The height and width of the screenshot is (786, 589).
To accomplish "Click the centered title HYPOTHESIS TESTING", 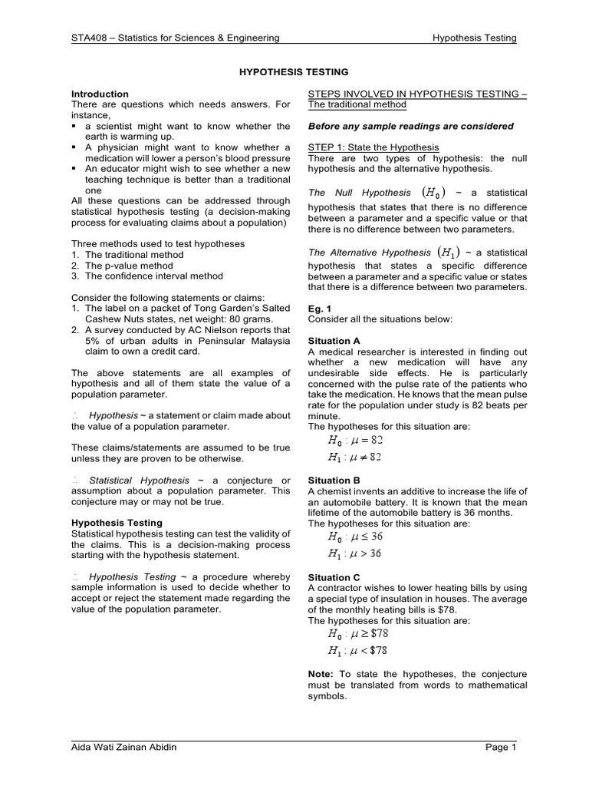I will [x=295, y=71].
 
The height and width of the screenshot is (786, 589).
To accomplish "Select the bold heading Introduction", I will [x=100, y=94].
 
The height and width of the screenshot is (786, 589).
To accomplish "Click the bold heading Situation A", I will [x=334, y=340].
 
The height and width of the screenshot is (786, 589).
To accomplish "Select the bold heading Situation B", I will [x=334, y=481].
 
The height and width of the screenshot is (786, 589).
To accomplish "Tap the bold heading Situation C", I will [x=334, y=577].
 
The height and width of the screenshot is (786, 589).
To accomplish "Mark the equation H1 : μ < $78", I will [x=358, y=650].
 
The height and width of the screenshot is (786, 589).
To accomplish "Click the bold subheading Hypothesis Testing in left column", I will [x=117, y=523].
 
